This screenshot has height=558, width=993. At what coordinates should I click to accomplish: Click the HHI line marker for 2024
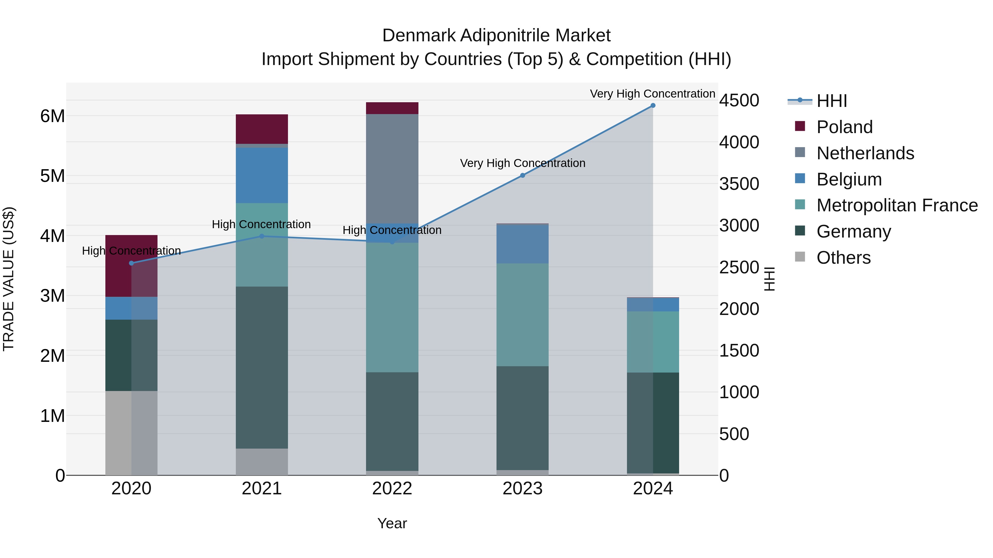[653, 106]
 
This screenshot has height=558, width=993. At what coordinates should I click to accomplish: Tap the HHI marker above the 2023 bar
[522, 175]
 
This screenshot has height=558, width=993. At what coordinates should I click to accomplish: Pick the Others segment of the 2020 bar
[131, 433]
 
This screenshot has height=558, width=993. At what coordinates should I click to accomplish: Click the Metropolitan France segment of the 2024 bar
[653, 342]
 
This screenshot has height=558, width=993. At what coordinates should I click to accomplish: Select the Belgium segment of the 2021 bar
[262, 175]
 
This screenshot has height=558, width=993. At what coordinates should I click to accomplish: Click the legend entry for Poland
[844, 127]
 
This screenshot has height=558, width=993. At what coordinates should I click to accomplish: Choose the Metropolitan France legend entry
[897, 205]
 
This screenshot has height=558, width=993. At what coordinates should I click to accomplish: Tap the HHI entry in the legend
[831, 101]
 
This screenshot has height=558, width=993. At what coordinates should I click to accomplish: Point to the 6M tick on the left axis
[52, 116]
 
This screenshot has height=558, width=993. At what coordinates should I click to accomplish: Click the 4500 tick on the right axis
[739, 101]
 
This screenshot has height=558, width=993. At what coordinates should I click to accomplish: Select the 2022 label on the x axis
[392, 489]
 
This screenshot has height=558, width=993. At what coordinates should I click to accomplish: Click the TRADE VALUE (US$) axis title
[9, 279]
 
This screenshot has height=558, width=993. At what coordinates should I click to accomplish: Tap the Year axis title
[392, 523]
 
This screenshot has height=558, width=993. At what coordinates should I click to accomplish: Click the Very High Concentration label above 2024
[652, 94]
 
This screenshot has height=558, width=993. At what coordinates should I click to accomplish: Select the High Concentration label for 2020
[131, 251]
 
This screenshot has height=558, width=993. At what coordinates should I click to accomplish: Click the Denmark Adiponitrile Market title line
[496, 36]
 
